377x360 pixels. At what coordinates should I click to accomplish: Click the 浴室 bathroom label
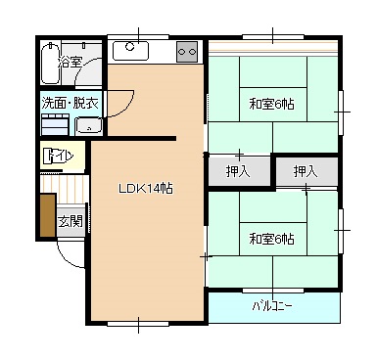pos(70,62)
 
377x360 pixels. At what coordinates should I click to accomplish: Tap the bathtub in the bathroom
pos(50,63)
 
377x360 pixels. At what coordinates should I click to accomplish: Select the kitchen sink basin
pos(130,51)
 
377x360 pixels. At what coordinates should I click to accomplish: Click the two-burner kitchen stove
pos(187,52)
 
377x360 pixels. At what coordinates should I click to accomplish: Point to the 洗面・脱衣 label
pos(70,103)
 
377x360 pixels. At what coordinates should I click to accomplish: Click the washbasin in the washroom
pos(89,125)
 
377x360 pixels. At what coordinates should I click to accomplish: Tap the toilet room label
pos(58,157)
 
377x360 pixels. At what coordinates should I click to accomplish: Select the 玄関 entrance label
pos(71,222)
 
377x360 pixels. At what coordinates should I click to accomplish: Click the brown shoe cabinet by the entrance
pos(48,215)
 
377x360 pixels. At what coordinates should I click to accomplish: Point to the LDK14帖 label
pos(146,189)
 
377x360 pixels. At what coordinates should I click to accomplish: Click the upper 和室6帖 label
pos(271,105)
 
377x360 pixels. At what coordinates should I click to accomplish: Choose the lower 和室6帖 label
pos(271,239)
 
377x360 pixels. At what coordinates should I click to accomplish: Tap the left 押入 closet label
pos(238,171)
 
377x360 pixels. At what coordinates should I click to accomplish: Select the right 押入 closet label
pos(306,171)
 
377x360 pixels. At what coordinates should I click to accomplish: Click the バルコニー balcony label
pos(272,306)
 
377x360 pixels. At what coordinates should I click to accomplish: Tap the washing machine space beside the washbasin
pos(55,124)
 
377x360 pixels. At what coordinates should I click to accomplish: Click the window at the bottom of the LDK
pos(138,324)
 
